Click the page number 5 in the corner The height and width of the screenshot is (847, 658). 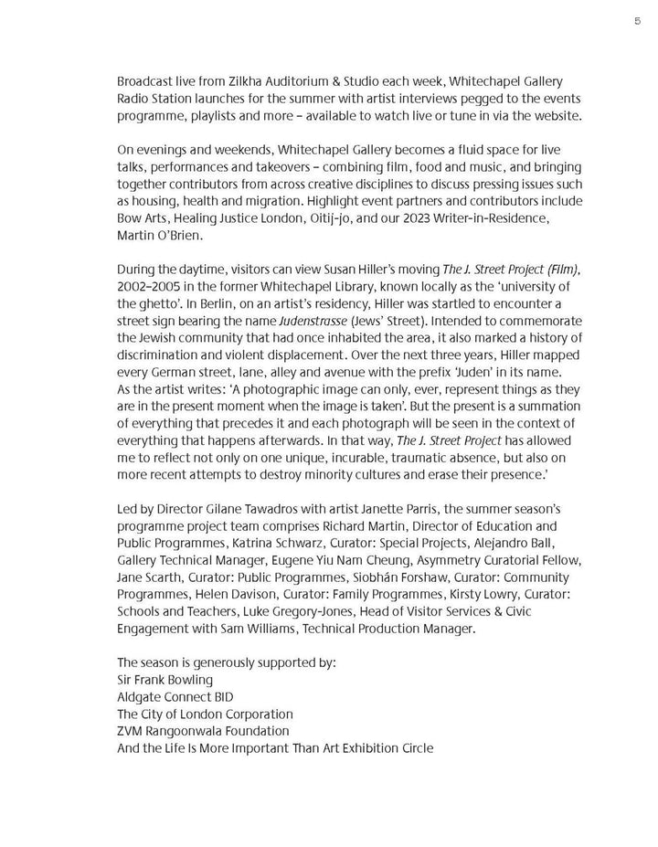tap(637, 20)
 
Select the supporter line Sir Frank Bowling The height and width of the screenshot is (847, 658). tap(164, 679)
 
